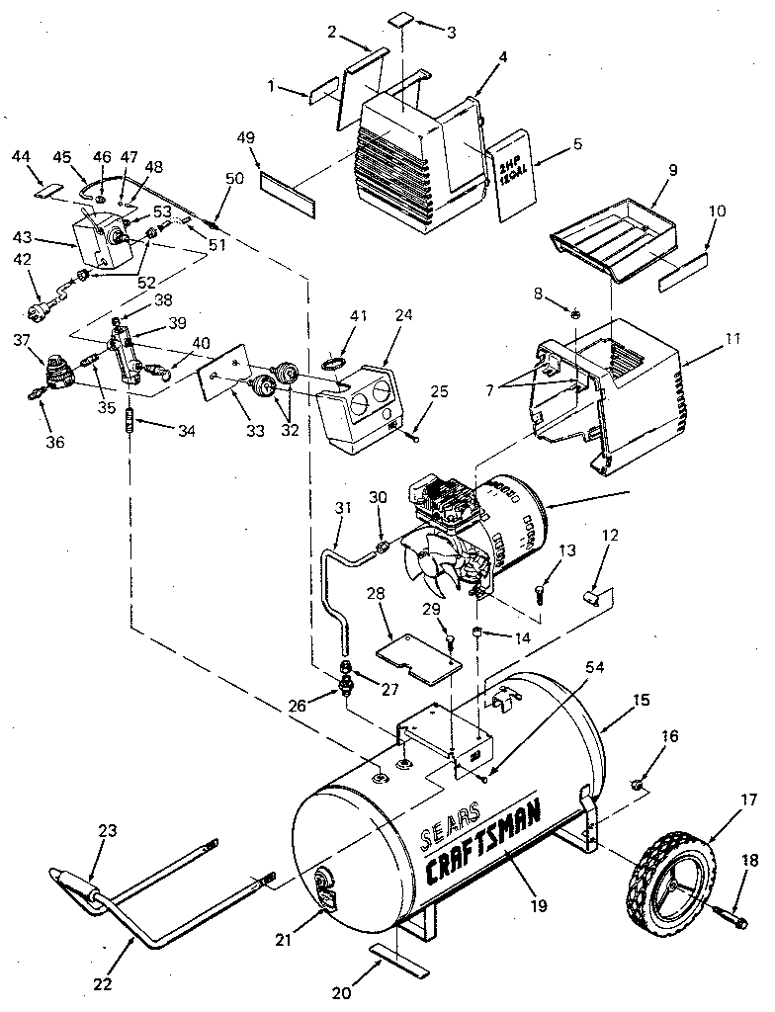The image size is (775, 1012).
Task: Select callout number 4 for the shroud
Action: point(502,57)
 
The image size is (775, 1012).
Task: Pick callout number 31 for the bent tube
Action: point(343,509)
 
